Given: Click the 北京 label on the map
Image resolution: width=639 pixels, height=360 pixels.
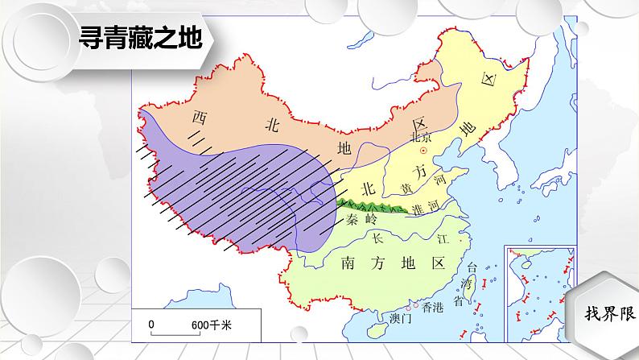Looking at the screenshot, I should tap(422, 137).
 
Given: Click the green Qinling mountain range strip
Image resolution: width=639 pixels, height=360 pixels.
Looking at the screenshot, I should tap(370, 205).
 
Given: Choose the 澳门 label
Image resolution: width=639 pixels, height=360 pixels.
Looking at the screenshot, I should tap(400, 318).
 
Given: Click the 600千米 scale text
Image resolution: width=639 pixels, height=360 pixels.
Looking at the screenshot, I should tap(211, 325).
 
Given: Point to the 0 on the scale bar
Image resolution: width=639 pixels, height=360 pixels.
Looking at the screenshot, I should tap(150, 325).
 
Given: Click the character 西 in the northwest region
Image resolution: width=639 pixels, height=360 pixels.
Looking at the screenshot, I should tap(199, 118).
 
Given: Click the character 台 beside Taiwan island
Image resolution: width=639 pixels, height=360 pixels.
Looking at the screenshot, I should tap(472, 267).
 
